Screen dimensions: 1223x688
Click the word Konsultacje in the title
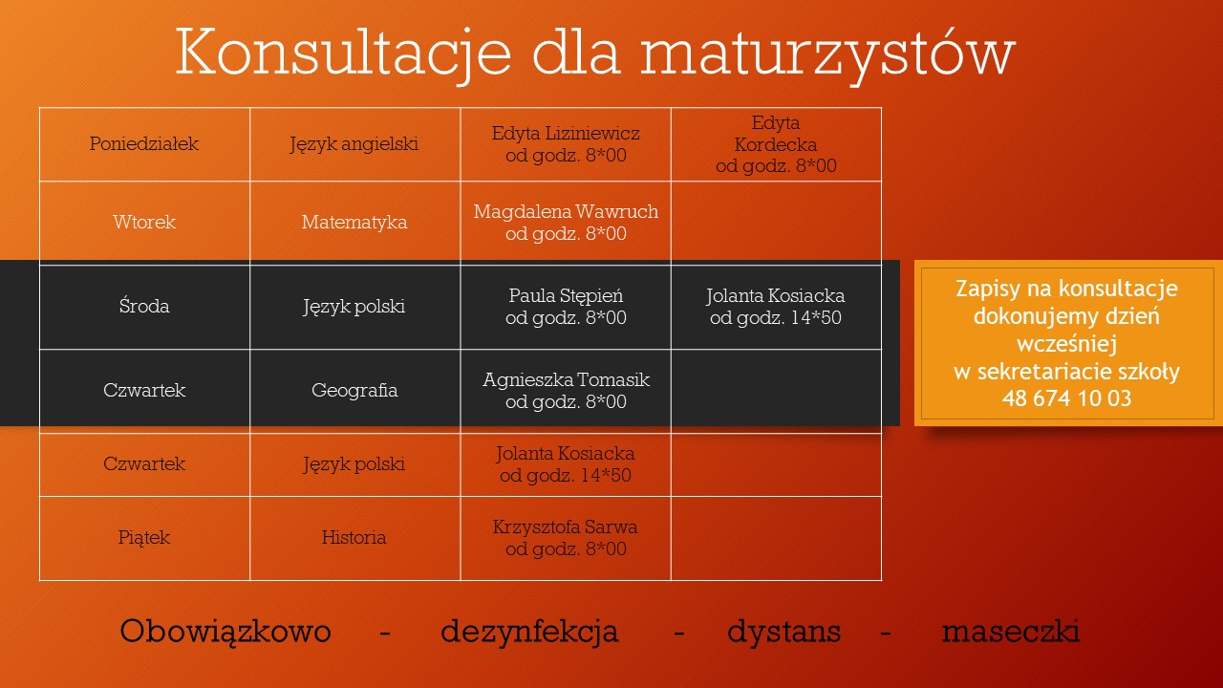click(343, 53)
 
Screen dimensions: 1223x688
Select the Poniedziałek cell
click(144, 144)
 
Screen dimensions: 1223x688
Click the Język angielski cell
click(354, 144)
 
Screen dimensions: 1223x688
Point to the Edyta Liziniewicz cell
click(566, 144)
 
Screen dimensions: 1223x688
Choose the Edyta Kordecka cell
click(777, 144)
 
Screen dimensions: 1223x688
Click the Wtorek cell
click(144, 223)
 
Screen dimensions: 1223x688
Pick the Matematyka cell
click(354, 223)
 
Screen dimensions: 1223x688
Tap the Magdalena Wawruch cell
click(566, 223)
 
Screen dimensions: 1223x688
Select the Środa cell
click(144, 307)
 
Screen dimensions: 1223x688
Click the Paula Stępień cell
click(566, 307)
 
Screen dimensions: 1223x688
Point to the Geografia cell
click(354, 391)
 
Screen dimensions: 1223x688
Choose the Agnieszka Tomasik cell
click(566, 391)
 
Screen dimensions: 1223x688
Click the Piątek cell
click(144, 538)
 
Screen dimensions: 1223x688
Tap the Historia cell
click(354, 538)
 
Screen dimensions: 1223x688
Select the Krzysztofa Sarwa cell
click(566, 538)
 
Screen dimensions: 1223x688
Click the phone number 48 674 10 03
click(1067, 398)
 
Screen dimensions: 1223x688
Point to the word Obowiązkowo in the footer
click(225, 632)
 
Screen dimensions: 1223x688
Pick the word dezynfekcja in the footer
click(529, 632)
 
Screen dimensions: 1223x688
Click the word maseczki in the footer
click(1011, 632)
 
